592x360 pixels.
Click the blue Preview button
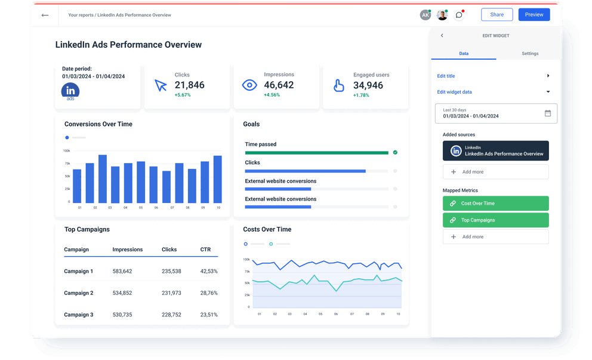click(x=534, y=14)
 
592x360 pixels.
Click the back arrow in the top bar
click(x=45, y=15)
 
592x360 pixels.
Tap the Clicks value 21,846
click(x=189, y=85)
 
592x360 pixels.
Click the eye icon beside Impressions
click(x=249, y=85)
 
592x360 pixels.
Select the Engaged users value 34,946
click(x=368, y=85)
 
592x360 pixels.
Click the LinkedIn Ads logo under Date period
click(x=70, y=91)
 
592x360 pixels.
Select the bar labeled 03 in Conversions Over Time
click(x=103, y=179)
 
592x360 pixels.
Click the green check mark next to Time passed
click(x=395, y=152)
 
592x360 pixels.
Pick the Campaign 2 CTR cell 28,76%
click(x=209, y=293)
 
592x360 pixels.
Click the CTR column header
click(x=205, y=250)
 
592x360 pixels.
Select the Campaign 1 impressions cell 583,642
click(x=122, y=271)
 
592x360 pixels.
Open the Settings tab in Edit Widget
click(x=530, y=54)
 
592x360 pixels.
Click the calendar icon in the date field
click(x=548, y=113)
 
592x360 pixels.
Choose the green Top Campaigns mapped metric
click(x=496, y=220)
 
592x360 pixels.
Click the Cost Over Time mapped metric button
click(x=496, y=204)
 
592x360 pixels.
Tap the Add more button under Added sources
click(x=496, y=172)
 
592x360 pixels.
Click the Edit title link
click(x=446, y=76)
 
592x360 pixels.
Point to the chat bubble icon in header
click(x=459, y=15)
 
